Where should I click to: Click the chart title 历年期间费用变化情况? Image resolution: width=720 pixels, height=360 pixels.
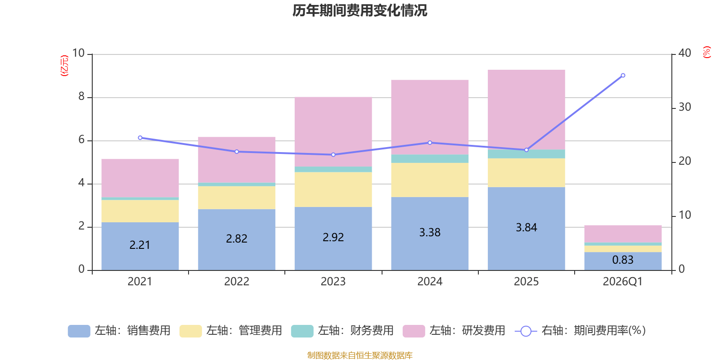pyautogui.click(x=360, y=10)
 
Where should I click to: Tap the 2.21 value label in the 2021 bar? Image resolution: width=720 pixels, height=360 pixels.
pyautogui.click(x=139, y=245)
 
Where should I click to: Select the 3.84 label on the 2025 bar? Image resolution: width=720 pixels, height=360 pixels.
pyautogui.click(x=526, y=228)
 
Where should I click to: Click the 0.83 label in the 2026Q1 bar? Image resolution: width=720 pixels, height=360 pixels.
pyautogui.click(x=622, y=260)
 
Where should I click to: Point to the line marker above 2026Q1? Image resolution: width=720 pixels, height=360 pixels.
pyautogui.click(x=623, y=76)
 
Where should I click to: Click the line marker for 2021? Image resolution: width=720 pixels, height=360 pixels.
pyautogui.click(x=140, y=138)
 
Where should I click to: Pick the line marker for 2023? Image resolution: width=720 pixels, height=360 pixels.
pyautogui.click(x=333, y=155)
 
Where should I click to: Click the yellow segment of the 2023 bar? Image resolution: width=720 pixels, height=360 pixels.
pyautogui.click(x=333, y=189)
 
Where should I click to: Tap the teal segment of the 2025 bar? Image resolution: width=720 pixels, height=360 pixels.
pyautogui.click(x=526, y=154)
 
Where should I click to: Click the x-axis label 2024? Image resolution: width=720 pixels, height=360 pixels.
pyautogui.click(x=430, y=282)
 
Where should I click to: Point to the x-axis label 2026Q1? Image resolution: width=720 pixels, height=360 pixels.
pyautogui.click(x=622, y=282)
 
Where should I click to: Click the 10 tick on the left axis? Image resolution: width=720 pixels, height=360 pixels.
pyautogui.click(x=79, y=54)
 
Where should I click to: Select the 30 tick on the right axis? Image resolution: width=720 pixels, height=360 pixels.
pyautogui.click(x=684, y=108)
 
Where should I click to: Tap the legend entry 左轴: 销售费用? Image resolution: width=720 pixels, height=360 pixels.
pyautogui.click(x=120, y=331)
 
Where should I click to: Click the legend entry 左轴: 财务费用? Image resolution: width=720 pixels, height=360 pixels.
pyautogui.click(x=343, y=331)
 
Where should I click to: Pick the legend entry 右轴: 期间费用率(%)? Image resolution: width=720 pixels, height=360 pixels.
pyautogui.click(x=580, y=331)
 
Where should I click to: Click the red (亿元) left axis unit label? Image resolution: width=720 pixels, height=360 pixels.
pyautogui.click(x=65, y=66)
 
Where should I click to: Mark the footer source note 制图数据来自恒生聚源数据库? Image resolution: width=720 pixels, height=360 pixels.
pyautogui.click(x=360, y=355)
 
